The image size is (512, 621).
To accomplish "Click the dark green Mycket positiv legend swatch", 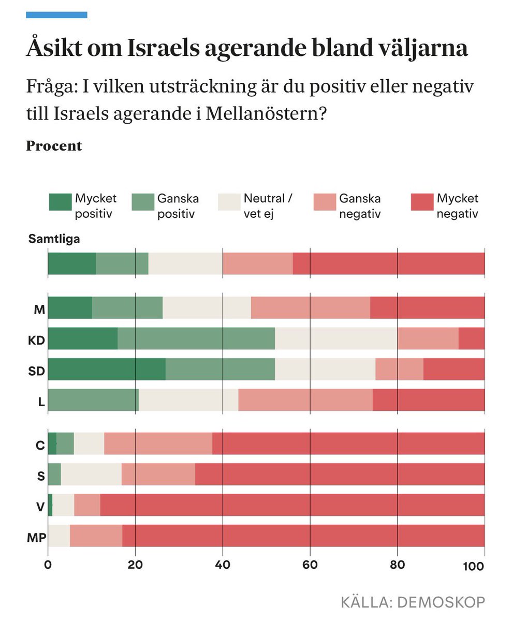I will coord(60,202).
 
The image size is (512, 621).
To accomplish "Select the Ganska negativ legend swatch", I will coord(325,202).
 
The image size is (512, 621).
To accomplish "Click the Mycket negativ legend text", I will coord(457,206).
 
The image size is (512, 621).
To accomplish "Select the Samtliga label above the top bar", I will coord(54,239).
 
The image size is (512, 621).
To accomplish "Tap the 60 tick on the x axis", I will coord(310,566).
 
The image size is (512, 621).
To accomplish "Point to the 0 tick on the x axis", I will coord(48,566).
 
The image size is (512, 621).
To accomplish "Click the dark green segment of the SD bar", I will coord(106,369).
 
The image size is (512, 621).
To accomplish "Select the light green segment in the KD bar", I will coord(196,339).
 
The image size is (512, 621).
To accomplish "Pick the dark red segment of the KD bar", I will coord(471,339).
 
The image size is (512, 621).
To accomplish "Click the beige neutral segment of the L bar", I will coord(188,400).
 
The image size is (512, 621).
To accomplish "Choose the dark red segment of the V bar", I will coord(292,505).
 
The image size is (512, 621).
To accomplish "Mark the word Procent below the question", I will coord(54,146).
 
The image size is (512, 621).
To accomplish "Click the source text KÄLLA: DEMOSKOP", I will coord(413,602).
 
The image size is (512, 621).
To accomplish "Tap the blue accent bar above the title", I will coord(56,15).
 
